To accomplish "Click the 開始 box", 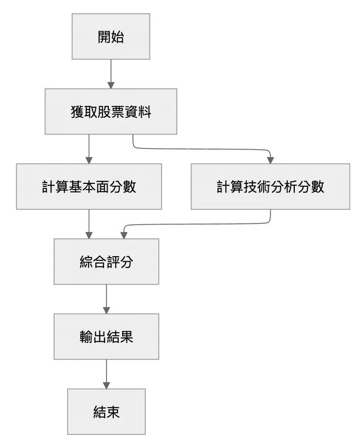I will pos(111,36).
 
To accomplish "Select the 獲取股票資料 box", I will pos(111,111).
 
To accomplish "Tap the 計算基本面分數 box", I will pos(89,186).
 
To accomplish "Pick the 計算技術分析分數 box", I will pos(270,186).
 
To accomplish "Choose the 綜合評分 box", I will pos(106,262).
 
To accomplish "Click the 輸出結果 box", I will pos(106,337).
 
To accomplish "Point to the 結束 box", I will pos(106,411).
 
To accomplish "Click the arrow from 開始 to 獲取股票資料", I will pos(111,73).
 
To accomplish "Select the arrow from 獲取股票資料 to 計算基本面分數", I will pos(89,148).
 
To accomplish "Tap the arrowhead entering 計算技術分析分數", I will pos(270,160).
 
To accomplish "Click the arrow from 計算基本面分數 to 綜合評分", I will pos(89,223).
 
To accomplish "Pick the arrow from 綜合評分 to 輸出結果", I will pos(106,298).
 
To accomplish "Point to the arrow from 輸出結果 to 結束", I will pos(106,373).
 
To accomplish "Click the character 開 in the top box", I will pos(104,37).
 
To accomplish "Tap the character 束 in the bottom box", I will pos(113,412).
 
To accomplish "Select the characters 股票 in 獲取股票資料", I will pos(111,112).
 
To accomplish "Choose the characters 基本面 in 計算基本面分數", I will pos(89,187).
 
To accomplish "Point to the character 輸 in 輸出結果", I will pos(86,337).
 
